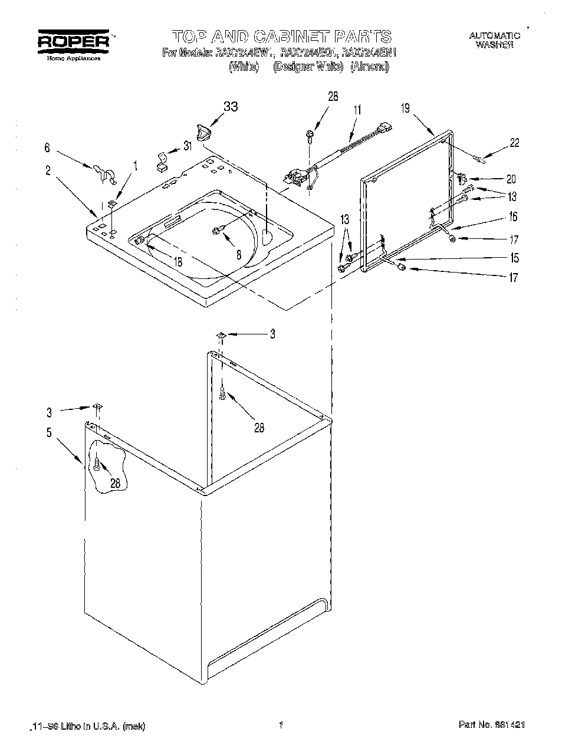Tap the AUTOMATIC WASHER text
pos(495,40)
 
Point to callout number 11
pos(357,110)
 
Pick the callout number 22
pos(514,143)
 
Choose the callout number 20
pos(511,179)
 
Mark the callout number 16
pos(512,217)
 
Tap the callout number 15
pos(514,258)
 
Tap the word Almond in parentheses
pos(370,67)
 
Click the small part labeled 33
pos(203,132)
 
